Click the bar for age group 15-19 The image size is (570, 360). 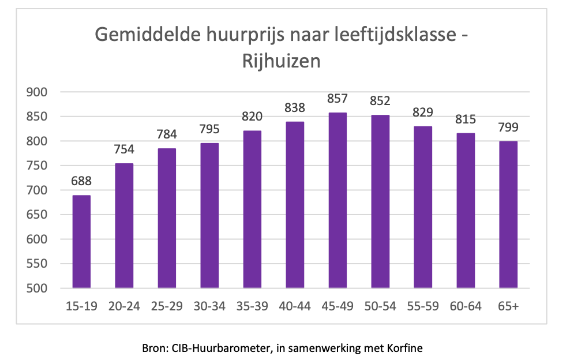(81, 242)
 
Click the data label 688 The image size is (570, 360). (81, 181)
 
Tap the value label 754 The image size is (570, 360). (124, 149)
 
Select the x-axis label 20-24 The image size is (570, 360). (124, 306)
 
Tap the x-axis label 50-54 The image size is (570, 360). (380, 306)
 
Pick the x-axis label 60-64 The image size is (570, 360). (466, 306)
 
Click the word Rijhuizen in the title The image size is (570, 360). (281, 61)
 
